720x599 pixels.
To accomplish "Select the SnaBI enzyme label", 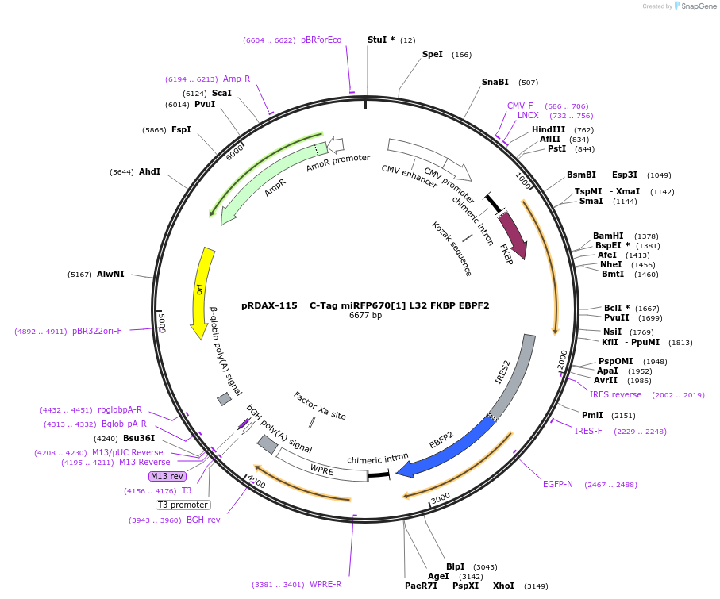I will pyautogui.click(x=495, y=82).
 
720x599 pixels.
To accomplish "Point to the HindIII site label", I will pyautogui.click(x=549, y=129).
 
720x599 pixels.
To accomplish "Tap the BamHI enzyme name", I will pyautogui.click(x=608, y=236).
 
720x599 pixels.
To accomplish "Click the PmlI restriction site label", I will pyautogui.click(x=592, y=415).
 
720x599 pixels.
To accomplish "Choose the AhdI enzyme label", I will pyautogui.click(x=149, y=171).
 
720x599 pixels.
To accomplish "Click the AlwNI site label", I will pyautogui.click(x=110, y=274).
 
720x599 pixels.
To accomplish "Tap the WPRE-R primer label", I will pyautogui.click(x=325, y=584).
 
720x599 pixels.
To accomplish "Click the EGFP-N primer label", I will pyautogui.click(x=557, y=484).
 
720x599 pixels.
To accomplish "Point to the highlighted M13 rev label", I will pyautogui.click(x=167, y=476).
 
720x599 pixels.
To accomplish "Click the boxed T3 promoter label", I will pyautogui.click(x=183, y=505).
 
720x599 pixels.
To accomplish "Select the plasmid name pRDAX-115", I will pyautogui.click(x=269, y=305).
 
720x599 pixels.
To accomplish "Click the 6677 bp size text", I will pyautogui.click(x=365, y=316).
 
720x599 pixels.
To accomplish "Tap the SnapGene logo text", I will pyautogui.click(x=695, y=6).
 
